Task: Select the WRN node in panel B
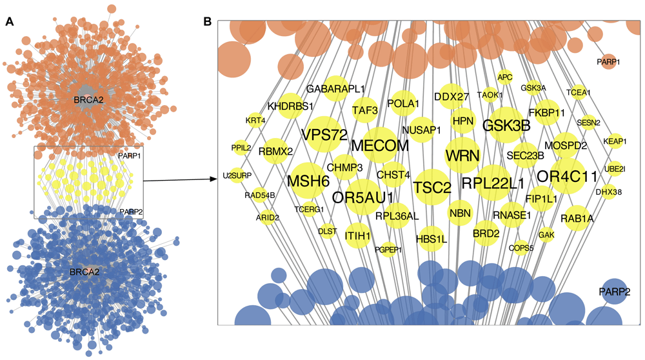coord(462,155)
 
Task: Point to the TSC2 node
coord(432,188)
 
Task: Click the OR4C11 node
coord(568,175)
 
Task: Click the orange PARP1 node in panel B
coord(608,62)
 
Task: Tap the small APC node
coord(504,77)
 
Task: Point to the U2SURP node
coord(237,175)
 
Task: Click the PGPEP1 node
coord(388,249)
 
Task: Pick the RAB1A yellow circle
coord(577,219)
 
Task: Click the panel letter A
coord(9,21)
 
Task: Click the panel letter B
coord(207,21)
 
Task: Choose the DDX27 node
coord(451,97)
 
